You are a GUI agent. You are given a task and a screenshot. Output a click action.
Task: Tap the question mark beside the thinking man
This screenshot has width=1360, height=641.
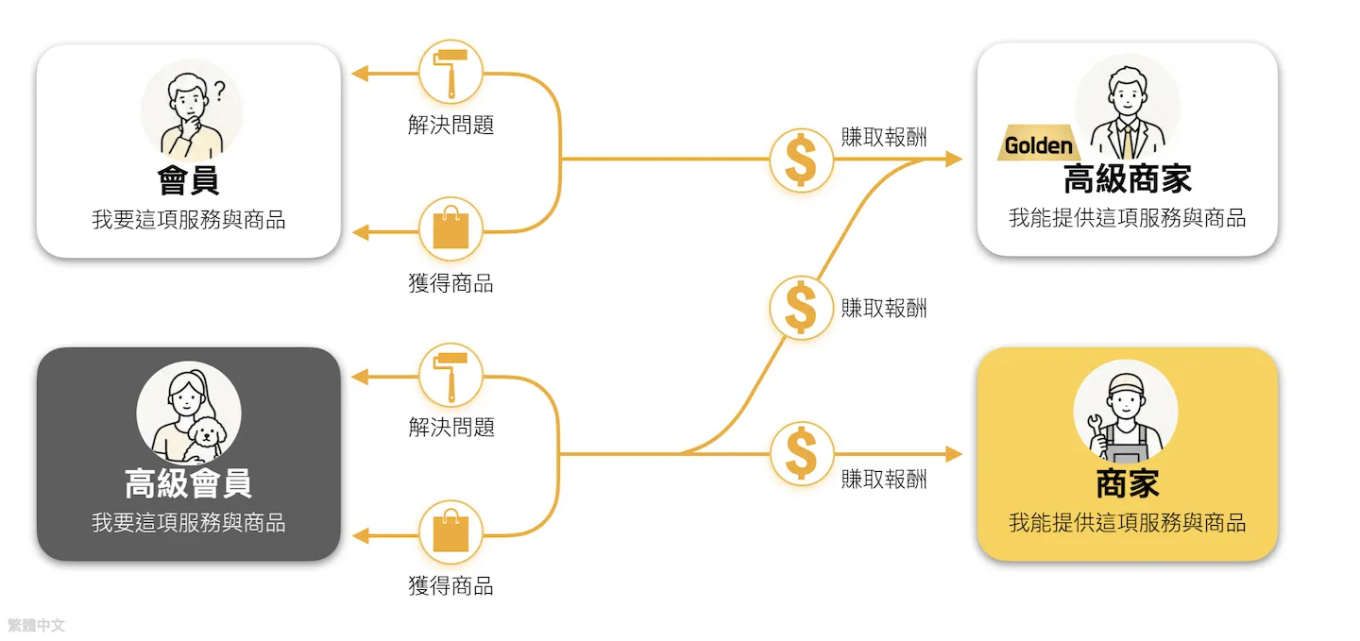220,91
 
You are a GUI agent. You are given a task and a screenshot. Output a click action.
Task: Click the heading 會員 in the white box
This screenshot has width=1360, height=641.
188,180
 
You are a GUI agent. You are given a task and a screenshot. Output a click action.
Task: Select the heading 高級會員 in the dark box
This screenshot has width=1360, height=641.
188,483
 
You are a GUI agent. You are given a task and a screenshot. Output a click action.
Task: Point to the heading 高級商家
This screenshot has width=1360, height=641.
1128,179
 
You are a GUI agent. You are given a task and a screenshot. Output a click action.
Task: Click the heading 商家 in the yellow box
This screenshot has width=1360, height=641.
1128,483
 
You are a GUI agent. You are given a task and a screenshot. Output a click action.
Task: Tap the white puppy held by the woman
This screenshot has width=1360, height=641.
205,438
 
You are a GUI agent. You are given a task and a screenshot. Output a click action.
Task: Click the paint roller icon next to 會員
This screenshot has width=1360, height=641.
450,73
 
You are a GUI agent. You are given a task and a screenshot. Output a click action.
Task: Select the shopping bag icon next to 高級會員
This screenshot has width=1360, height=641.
450,533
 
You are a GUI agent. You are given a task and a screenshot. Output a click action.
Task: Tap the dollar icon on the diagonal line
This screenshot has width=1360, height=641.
801,308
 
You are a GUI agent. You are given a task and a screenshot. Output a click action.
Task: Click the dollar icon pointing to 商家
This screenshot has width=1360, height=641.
801,453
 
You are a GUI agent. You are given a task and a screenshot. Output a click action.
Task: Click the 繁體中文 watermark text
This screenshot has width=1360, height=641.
36,625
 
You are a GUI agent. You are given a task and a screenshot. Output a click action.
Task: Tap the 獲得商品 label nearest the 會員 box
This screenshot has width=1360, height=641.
450,283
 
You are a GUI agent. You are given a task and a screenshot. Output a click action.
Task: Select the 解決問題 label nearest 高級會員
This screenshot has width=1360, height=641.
451,428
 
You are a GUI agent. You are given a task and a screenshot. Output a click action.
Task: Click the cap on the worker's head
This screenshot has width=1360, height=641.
1126,383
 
